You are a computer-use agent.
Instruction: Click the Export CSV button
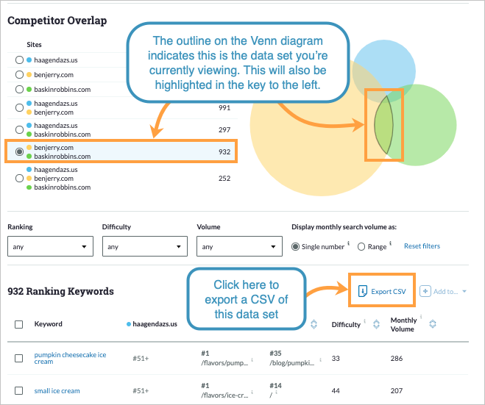tap(380, 292)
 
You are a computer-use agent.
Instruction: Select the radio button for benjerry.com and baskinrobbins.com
tap(19, 152)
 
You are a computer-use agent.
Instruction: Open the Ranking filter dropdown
tap(51, 247)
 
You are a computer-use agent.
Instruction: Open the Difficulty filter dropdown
tap(145, 247)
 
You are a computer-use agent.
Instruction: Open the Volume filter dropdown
tap(240, 247)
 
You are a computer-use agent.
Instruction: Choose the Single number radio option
tap(296, 247)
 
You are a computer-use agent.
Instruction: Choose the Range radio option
tap(361, 247)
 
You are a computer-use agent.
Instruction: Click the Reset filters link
tap(422, 246)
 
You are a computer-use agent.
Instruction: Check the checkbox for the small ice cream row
tap(19, 391)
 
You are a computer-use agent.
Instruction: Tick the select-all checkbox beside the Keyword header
tap(19, 324)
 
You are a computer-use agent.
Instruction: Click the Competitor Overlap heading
tap(57, 21)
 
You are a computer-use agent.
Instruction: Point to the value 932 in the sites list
tap(224, 152)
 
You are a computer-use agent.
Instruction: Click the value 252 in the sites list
tap(224, 179)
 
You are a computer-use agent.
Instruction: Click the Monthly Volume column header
tap(403, 324)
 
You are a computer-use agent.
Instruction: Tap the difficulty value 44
tap(336, 391)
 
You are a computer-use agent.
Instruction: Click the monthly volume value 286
tap(397, 358)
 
